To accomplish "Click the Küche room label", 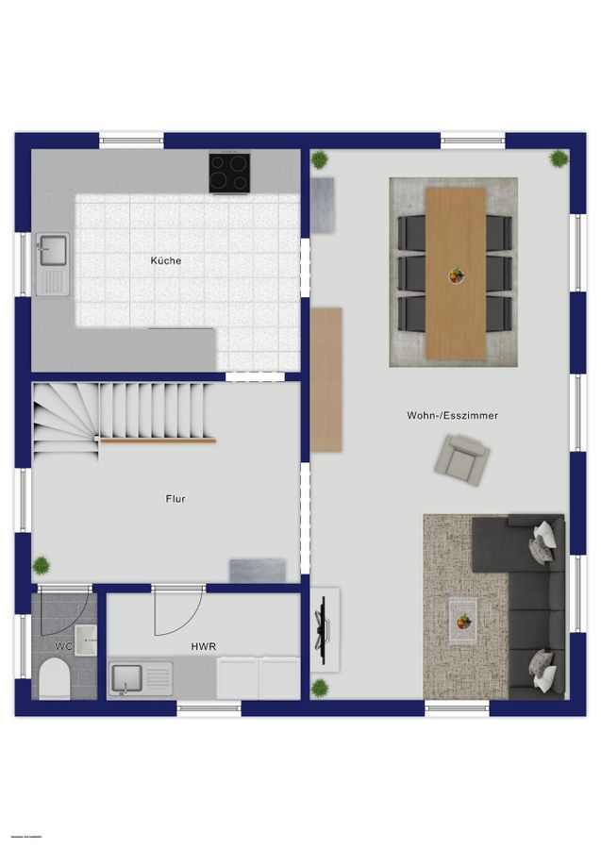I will tap(165, 260).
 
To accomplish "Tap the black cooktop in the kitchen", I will tap(229, 174).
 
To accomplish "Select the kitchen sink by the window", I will tap(52, 250).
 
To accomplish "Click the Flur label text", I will tap(175, 499).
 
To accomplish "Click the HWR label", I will tap(203, 646).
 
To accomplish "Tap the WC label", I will tap(63, 646).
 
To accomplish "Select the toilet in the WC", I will tap(56, 678).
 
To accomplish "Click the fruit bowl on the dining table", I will tap(457, 275).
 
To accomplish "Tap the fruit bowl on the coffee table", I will tap(462, 622).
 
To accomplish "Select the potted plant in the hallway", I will tap(42, 566).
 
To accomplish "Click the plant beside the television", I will tap(320, 687).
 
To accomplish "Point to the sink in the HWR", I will tap(126, 677).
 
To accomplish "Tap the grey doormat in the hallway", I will tap(257, 570).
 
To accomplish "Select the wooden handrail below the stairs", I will tap(158, 440).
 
